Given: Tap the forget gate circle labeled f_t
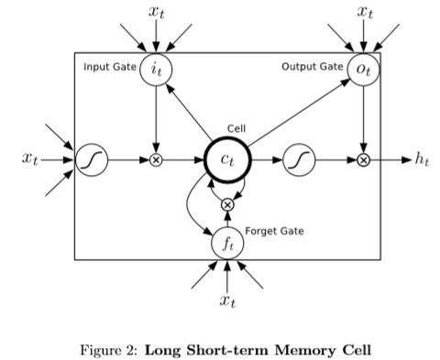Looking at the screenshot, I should tap(226, 244).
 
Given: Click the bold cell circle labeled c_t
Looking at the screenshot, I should tap(226, 159).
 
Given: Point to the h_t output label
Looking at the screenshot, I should tap(421, 159).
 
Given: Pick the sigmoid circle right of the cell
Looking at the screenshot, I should tap(299, 159).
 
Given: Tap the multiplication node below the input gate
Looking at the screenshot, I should tap(157, 159).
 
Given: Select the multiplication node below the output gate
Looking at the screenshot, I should tap(364, 159).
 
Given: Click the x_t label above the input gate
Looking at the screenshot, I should tap(157, 12).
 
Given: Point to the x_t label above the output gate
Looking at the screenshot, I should tap(364, 12).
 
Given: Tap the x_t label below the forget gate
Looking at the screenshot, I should tap(226, 300).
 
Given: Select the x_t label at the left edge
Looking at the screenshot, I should tap(29, 159).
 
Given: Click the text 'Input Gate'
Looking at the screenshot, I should tap(109, 68).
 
